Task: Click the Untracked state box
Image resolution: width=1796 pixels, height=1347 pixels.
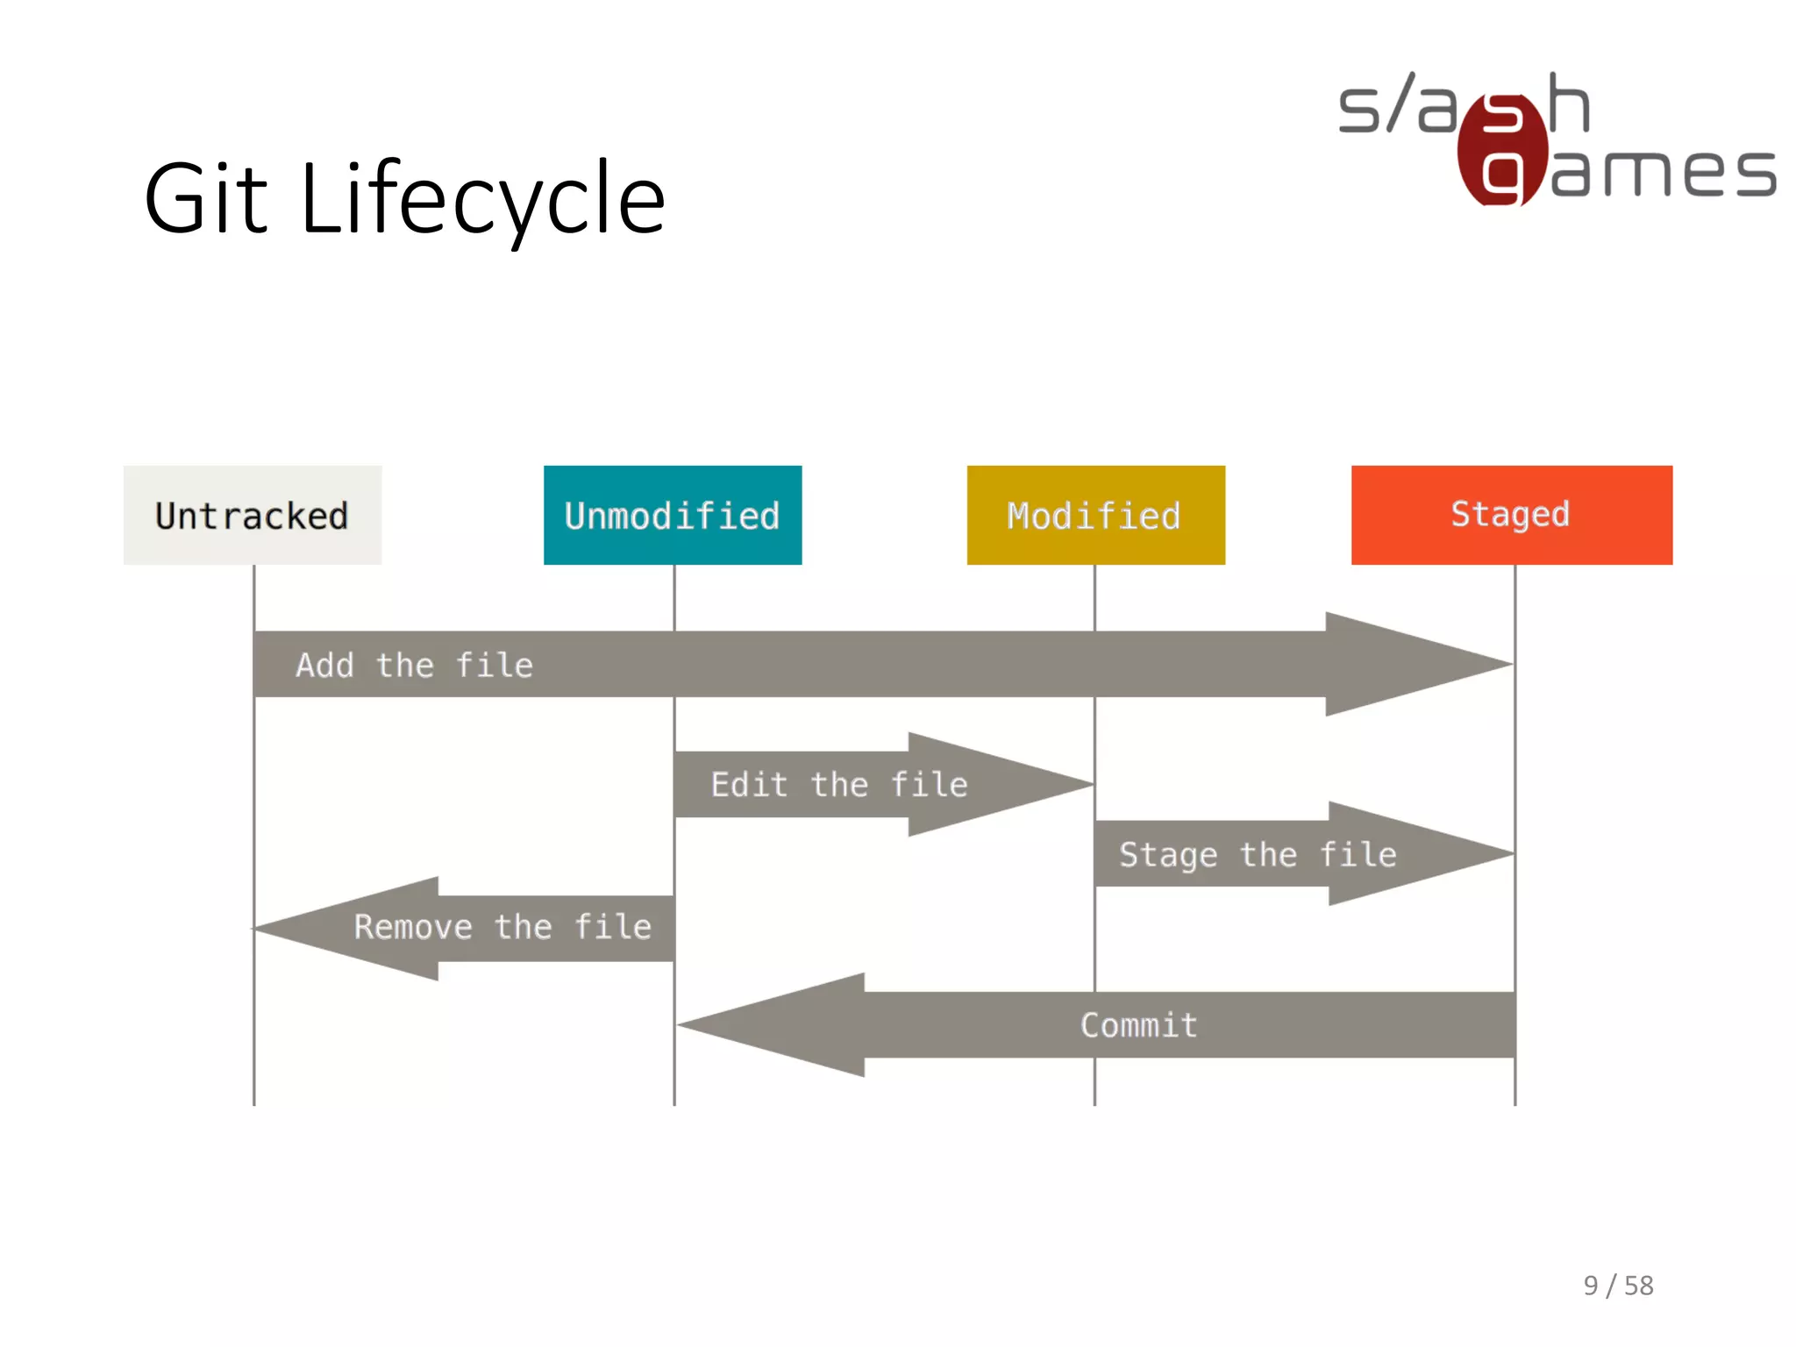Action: [x=253, y=515]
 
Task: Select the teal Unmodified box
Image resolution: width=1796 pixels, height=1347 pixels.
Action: [x=673, y=515]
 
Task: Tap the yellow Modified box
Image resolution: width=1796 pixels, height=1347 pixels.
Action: [x=1095, y=515]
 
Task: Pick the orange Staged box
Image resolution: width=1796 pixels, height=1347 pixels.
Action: [x=1511, y=515]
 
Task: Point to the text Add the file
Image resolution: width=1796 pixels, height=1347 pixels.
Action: [x=414, y=665]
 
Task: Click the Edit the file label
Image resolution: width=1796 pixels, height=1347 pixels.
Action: [x=839, y=784]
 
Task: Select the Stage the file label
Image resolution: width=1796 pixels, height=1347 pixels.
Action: [x=1258, y=854]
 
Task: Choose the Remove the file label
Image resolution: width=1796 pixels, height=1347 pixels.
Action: [x=502, y=927]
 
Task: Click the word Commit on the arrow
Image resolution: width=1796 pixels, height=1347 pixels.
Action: [x=1138, y=1024]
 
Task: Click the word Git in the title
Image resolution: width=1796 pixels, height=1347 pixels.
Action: [x=205, y=199]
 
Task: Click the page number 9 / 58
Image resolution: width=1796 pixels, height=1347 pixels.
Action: [x=1618, y=1285]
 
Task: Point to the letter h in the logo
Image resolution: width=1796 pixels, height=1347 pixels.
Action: [x=1569, y=103]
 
